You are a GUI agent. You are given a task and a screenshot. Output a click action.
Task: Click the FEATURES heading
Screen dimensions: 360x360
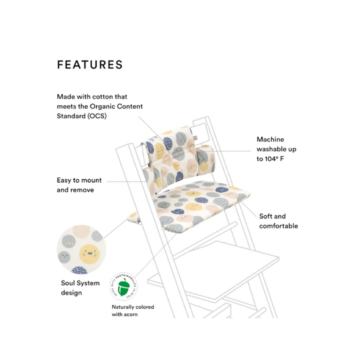click(x=90, y=64)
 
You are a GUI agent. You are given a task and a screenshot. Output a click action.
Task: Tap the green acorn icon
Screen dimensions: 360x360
click(x=123, y=287)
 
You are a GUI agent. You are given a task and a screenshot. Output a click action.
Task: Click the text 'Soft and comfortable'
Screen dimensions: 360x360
click(x=278, y=221)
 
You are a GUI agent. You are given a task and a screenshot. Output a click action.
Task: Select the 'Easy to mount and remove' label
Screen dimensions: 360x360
click(x=79, y=185)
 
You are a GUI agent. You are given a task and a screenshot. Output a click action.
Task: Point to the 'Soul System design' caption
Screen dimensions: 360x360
click(x=80, y=288)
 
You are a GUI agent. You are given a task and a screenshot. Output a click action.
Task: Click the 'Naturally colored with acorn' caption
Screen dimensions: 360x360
click(x=133, y=310)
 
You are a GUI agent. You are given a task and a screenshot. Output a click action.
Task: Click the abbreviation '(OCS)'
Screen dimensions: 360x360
click(x=98, y=116)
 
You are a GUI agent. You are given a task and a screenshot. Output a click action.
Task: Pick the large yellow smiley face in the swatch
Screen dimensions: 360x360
click(x=89, y=254)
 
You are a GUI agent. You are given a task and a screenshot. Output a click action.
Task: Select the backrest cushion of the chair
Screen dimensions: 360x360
click(x=178, y=158)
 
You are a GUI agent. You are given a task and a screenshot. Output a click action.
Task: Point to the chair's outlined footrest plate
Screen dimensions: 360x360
click(x=213, y=270)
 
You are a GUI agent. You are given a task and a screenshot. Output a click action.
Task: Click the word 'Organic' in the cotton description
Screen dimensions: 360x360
click(x=102, y=106)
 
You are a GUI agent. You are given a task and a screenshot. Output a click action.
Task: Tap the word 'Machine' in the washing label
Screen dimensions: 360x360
click(x=270, y=139)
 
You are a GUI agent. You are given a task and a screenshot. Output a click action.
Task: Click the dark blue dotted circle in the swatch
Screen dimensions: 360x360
click(x=79, y=270)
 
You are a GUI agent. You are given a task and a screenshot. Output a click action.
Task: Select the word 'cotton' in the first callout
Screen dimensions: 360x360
click(x=107, y=96)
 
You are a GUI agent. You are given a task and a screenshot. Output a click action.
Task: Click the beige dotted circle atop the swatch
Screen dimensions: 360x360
click(x=81, y=231)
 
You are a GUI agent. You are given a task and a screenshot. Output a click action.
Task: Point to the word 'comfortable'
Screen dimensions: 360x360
click(x=278, y=226)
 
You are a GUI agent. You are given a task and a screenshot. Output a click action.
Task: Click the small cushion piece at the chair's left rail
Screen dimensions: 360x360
click(x=133, y=217)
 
